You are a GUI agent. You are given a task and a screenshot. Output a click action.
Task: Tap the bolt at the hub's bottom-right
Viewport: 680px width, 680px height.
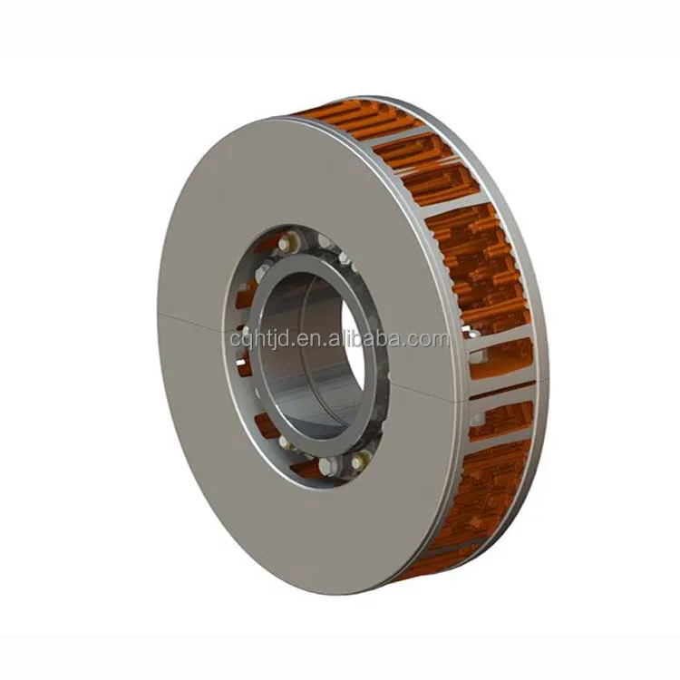(360, 460)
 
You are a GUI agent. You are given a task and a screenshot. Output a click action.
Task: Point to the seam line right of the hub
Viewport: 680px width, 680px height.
(426, 386)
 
